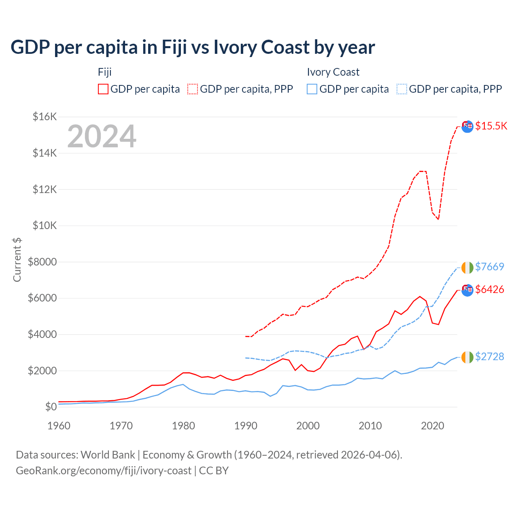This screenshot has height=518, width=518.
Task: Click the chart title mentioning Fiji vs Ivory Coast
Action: (x=193, y=47)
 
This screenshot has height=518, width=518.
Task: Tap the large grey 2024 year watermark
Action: (x=102, y=136)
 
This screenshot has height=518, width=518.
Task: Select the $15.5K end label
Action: (x=491, y=126)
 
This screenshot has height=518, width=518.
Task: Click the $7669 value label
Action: (x=489, y=267)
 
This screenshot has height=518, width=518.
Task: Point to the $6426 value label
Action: (x=489, y=289)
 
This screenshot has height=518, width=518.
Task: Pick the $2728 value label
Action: (x=489, y=357)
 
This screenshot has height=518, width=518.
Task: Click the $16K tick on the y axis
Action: (x=45, y=117)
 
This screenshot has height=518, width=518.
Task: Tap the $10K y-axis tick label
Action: (x=45, y=225)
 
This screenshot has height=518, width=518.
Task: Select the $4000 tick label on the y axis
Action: (x=42, y=334)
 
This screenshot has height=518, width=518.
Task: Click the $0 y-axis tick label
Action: (x=51, y=407)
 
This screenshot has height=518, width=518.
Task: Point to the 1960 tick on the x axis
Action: (x=59, y=426)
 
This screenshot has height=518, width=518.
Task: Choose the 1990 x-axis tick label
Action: (x=246, y=426)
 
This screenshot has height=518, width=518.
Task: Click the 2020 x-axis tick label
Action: (x=433, y=426)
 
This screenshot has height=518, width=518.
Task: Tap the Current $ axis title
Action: (x=17, y=259)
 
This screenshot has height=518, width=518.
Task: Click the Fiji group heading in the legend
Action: (x=105, y=72)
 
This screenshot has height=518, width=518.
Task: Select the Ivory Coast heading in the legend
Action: (x=333, y=72)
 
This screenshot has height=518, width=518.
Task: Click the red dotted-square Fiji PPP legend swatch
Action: (x=193, y=89)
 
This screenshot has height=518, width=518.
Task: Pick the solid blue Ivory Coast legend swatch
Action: (x=312, y=89)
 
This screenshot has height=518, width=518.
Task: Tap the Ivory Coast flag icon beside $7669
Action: (x=467, y=267)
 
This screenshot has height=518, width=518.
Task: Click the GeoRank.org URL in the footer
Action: (x=104, y=471)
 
